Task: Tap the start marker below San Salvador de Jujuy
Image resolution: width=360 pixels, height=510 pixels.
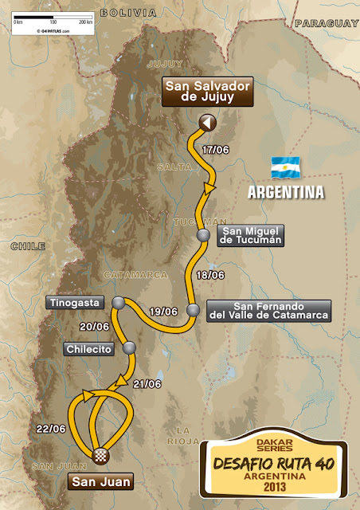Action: coord(206,122)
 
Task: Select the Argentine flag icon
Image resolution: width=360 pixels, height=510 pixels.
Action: coord(284,167)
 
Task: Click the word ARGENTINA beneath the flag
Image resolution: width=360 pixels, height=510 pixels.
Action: coord(285,192)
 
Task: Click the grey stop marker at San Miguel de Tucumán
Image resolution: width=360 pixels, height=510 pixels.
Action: coord(204,235)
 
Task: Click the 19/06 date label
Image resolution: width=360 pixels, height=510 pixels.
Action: coord(162,312)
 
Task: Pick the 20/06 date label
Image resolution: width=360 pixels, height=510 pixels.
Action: coord(94,326)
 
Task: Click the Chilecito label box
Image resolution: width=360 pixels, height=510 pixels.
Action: coord(89,348)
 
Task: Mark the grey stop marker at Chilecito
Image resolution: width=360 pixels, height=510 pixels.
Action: coord(128,348)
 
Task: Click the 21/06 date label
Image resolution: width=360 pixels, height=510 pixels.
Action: coord(147,384)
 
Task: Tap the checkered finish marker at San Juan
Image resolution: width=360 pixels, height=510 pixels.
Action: coord(101,455)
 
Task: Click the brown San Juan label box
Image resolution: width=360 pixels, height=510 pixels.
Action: coord(100,481)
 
